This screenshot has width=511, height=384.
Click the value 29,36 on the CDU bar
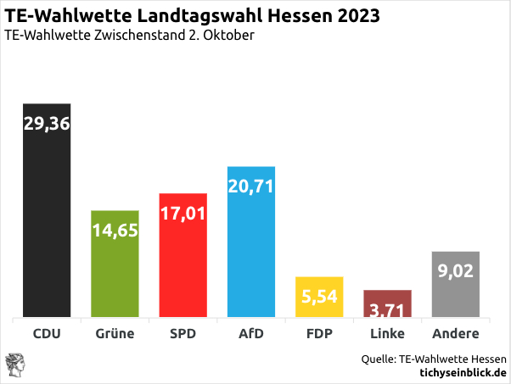[x=47, y=124]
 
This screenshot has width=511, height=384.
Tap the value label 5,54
[x=319, y=297]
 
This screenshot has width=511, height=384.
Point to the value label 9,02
[x=456, y=271]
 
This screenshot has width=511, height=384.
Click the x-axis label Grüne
[x=115, y=334]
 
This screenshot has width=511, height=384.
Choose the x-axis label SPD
[x=182, y=334]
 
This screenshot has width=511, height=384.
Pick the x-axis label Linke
[x=387, y=334]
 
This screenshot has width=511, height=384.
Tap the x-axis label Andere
[x=456, y=334]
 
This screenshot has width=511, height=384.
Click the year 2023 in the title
[x=353, y=16]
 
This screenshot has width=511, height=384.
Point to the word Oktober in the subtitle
[x=228, y=36]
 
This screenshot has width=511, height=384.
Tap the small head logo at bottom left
[x=16, y=365]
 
